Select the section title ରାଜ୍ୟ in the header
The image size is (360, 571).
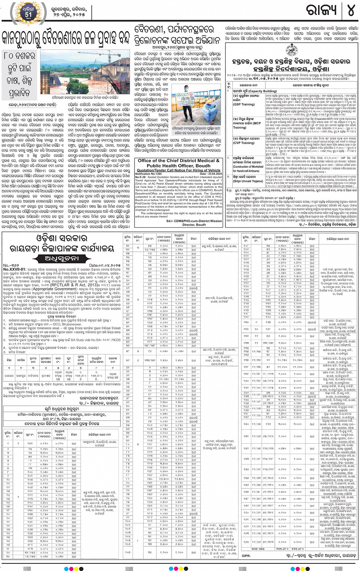click(322, 11)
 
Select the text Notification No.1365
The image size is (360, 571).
click(149, 174)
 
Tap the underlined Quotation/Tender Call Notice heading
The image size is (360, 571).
click(179, 170)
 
